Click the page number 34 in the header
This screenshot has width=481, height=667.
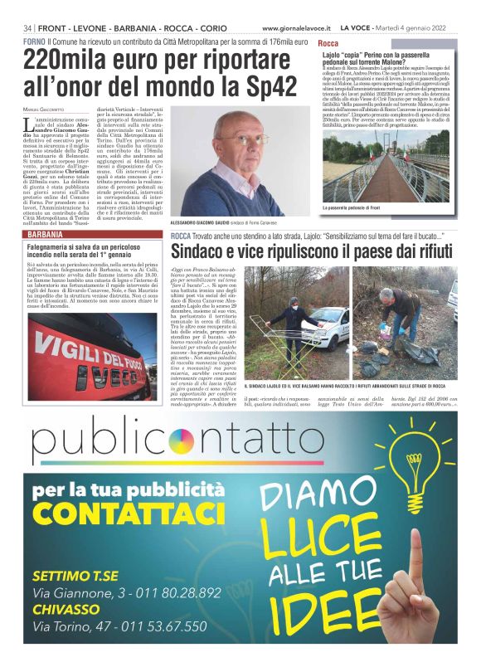(x=27, y=28)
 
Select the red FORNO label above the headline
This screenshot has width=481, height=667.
(x=34, y=41)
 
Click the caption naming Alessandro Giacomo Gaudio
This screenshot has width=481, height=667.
(x=222, y=223)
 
